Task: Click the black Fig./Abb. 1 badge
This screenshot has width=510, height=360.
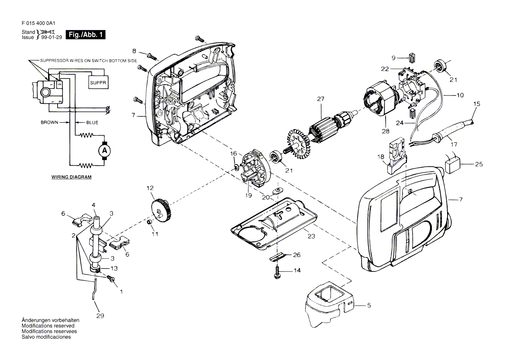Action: click(x=86, y=34)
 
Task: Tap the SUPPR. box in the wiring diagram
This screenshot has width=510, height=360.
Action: click(x=98, y=82)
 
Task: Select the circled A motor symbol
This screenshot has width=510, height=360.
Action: click(x=104, y=151)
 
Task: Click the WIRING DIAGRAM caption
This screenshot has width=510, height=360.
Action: click(x=72, y=177)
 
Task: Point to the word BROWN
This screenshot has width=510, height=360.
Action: click(x=49, y=123)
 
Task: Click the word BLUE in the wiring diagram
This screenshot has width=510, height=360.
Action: click(x=92, y=123)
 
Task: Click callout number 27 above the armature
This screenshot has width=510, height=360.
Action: click(x=320, y=99)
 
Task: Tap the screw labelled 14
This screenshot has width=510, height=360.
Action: click(x=277, y=272)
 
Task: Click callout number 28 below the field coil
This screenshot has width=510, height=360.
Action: click(x=386, y=131)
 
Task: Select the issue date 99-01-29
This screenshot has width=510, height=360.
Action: click(x=52, y=38)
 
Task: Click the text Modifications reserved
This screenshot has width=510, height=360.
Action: click(x=48, y=326)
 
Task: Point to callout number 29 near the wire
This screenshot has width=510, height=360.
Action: click(x=100, y=315)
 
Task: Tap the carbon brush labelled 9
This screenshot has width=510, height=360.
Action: click(x=412, y=58)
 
